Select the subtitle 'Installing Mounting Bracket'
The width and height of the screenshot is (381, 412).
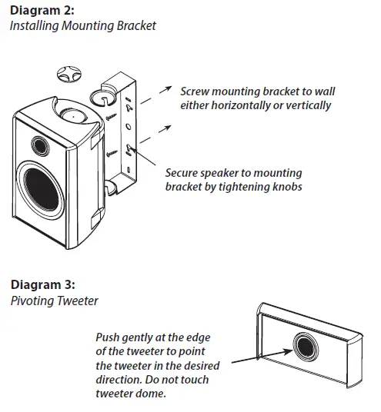(x=84, y=26)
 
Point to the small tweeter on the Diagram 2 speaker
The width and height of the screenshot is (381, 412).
(x=41, y=145)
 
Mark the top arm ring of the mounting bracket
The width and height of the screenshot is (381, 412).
(x=102, y=97)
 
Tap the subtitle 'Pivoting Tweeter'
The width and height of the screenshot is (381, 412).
(x=54, y=301)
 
